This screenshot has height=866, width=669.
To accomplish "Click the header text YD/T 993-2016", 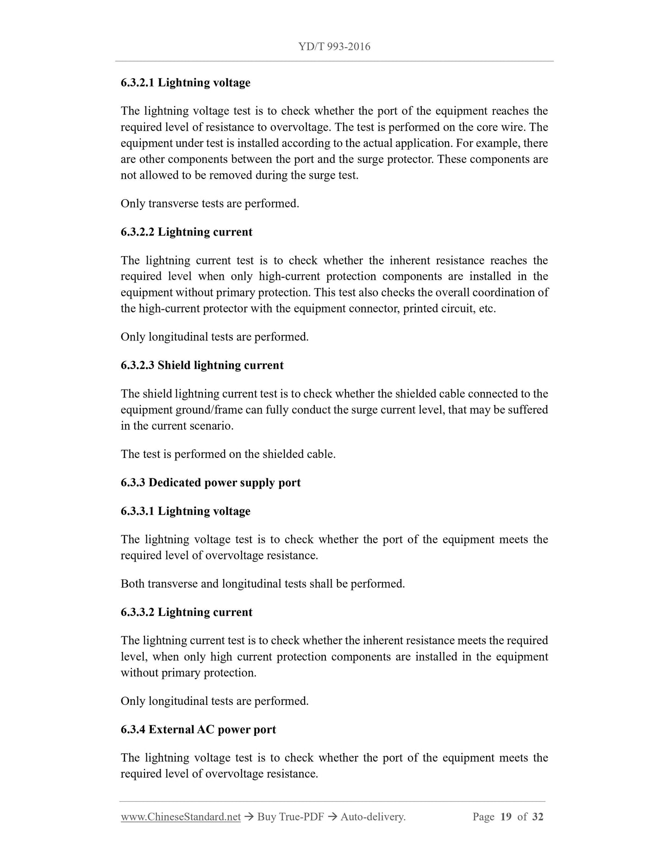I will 334,47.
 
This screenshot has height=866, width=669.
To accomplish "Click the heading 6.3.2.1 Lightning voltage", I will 185,82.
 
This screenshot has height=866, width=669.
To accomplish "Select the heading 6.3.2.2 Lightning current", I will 186,232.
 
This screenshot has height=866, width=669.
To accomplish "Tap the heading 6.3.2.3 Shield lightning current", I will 202,365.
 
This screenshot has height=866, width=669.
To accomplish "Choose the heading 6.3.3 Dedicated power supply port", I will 210,483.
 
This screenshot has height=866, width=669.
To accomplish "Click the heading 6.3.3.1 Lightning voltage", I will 185,511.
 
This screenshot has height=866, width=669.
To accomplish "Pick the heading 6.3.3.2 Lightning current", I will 186,612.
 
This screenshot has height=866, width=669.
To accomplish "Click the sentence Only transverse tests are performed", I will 210,204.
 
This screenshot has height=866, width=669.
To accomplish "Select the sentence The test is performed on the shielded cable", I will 228,454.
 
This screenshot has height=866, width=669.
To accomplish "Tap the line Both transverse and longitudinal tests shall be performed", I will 263,584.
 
